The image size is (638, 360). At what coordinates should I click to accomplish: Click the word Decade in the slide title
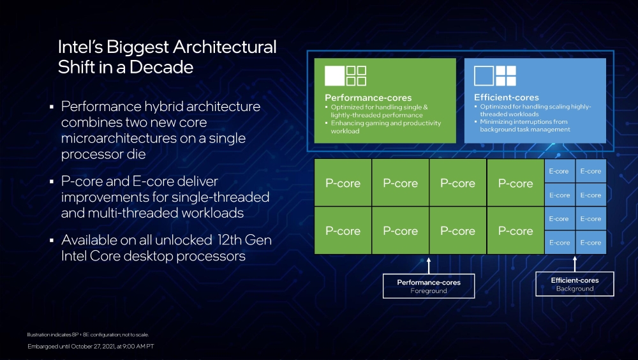coord(162,67)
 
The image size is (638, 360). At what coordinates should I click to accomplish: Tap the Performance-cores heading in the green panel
coord(360,98)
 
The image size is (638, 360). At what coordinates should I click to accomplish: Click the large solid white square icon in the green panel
coord(334,75)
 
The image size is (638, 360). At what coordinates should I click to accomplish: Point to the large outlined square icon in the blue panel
coord(484,75)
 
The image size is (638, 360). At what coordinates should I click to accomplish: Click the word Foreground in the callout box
coord(429,291)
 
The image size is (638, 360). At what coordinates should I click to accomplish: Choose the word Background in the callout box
coord(574,289)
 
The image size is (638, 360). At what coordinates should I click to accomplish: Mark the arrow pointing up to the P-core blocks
coord(429,264)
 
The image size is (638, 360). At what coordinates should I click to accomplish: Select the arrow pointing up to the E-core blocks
coord(574,263)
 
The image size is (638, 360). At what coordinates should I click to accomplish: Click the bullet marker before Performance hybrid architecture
coord(52,107)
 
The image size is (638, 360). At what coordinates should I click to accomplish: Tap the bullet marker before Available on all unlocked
coord(52,241)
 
